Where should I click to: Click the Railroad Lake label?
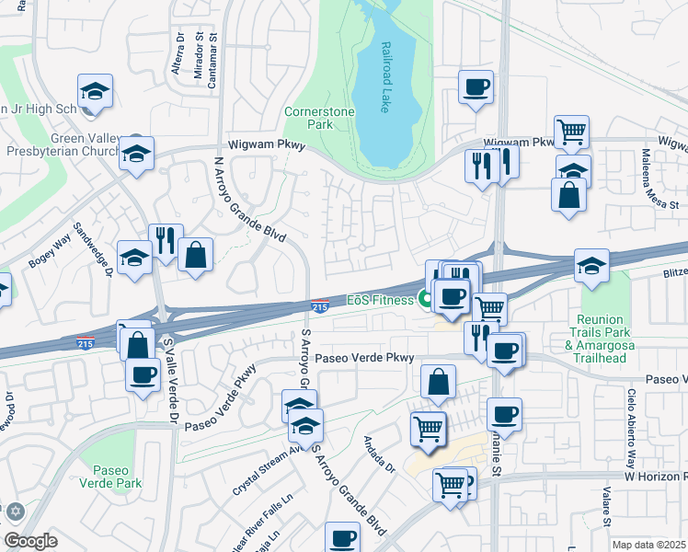click(x=383, y=76)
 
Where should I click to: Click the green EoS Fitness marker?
click(x=426, y=298)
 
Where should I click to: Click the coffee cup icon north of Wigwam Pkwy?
click(x=476, y=87)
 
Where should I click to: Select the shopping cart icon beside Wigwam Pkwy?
click(x=571, y=132)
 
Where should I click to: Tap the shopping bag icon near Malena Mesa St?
click(x=569, y=194)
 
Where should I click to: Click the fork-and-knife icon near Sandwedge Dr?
click(x=166, y=240)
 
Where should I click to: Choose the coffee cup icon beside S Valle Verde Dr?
click(x=143, y=374)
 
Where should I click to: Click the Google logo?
click(x=30, y=541)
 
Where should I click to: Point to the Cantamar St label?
click(x=212, y=63)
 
